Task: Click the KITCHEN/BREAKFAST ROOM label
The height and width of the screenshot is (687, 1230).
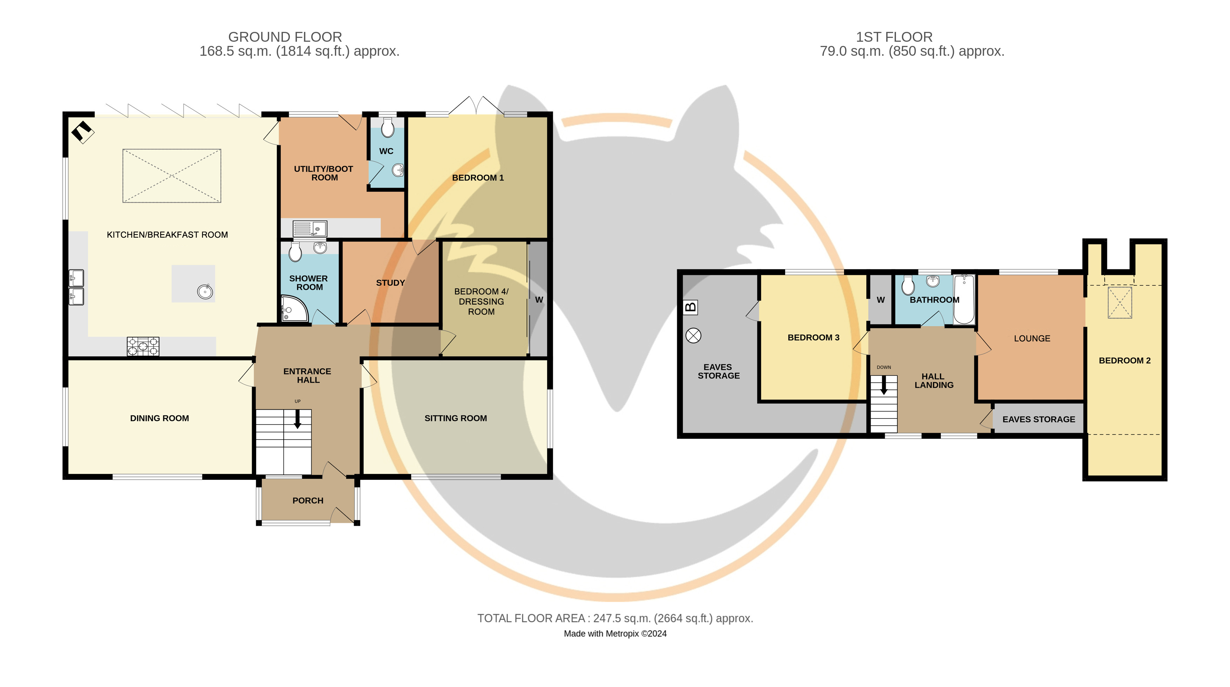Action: point(167,234)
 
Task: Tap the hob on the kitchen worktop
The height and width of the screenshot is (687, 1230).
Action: point(143,346)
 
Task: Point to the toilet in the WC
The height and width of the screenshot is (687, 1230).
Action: point(388,128)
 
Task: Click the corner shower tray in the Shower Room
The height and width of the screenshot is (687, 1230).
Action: point(293,308)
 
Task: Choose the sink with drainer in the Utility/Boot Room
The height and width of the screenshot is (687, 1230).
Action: point(310,229)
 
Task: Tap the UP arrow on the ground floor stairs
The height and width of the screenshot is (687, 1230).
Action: point(298,419)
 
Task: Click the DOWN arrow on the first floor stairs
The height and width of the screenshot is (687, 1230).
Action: point(883,385)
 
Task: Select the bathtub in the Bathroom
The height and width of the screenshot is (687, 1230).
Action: point(964,299)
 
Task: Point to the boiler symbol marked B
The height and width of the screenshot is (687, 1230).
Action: point(691,307)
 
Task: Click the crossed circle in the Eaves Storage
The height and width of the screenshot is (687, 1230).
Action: point(693,336)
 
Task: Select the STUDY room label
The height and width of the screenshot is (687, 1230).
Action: point(390,283)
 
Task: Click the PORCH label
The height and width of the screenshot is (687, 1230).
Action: point(308,500)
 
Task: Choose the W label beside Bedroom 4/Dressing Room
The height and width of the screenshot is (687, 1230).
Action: point(539,300)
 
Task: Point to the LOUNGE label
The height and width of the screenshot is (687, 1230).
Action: point(1032,339)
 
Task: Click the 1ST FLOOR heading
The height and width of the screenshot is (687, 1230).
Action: point(894,37)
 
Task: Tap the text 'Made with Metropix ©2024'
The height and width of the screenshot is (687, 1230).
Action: point(615,633)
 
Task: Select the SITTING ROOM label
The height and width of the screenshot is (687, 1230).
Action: point(456,418)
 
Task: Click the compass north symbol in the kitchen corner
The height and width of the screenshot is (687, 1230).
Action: point(83,132)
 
